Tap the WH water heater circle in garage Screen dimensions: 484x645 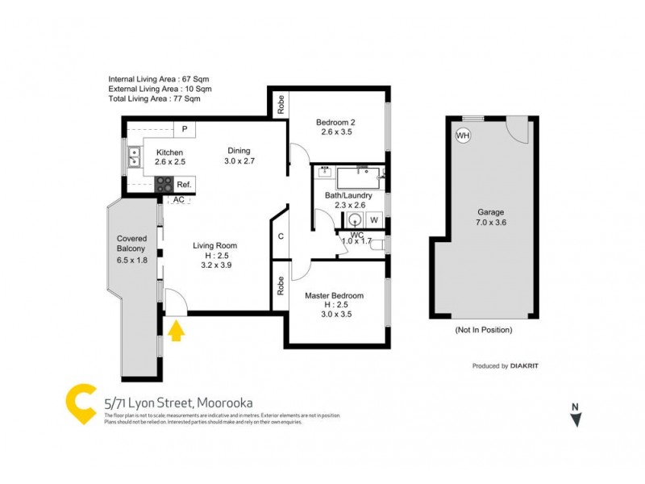pyautogui.click(x=463, y=136)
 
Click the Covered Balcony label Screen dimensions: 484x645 pyautogui.click(x=131, y=249)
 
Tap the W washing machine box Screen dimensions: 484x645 pyautogui.click(x=374, y=219)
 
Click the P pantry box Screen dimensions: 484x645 pyautogui.click(x=185, y=128)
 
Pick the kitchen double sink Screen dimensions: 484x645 pyautogui.click(x=133, y=156)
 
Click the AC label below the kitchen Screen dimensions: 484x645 pyautogui.click(x=179, y=199)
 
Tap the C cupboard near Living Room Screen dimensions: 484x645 pyautogui.click(x=281, y=236)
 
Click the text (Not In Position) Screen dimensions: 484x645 pyautogui.click(x=484, y=330)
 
